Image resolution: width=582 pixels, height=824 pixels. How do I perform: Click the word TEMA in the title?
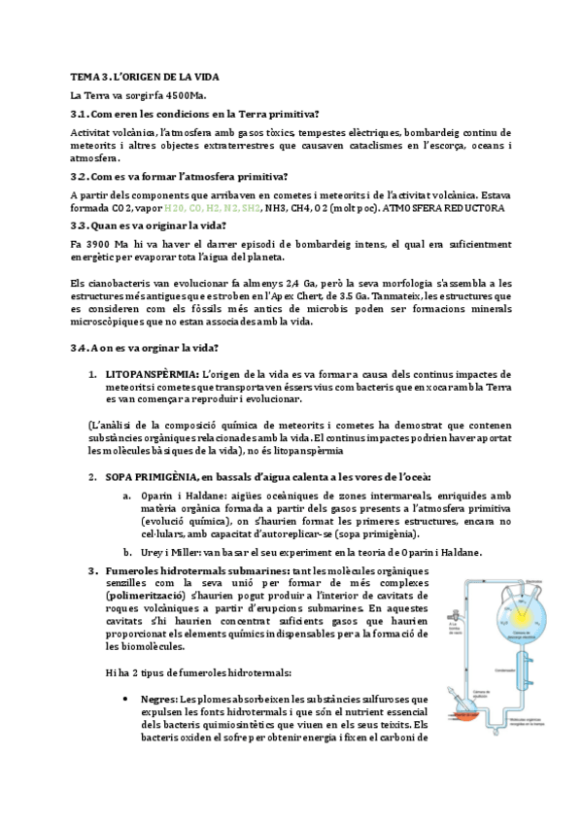[x=83, y=76]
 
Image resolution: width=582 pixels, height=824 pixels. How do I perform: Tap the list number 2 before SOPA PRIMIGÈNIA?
[x=91, y=476]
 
